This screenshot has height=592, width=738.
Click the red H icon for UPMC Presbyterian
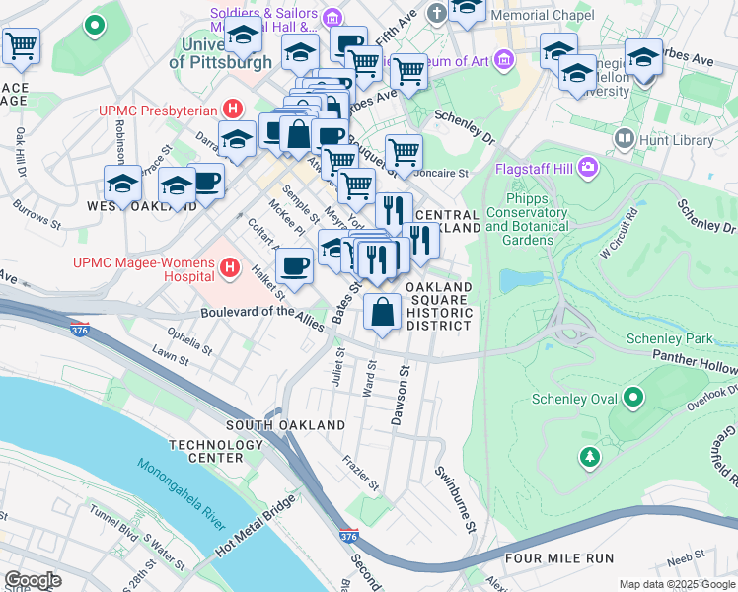click(x=233, y=108)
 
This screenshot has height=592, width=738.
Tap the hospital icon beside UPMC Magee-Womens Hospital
click(x=230, y=267)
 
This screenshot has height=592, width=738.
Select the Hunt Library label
click(x=677, y=140)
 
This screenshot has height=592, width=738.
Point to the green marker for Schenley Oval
click(x=632, y=399)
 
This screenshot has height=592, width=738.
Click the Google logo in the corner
click(x=33, y=580)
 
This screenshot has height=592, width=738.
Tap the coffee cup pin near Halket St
click(x=294, y=264)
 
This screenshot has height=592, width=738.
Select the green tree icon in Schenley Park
click(x=589, y=456)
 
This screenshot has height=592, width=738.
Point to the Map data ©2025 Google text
click(x=677, y=584)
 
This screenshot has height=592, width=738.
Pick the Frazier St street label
click(x=360, y=473)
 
